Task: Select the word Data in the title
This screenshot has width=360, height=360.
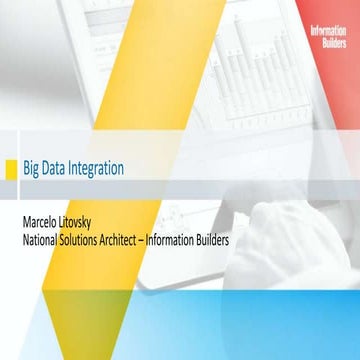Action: [57, 168]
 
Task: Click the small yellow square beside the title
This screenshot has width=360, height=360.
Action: [11, 168]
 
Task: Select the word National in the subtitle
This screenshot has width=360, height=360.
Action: [44, 239]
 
